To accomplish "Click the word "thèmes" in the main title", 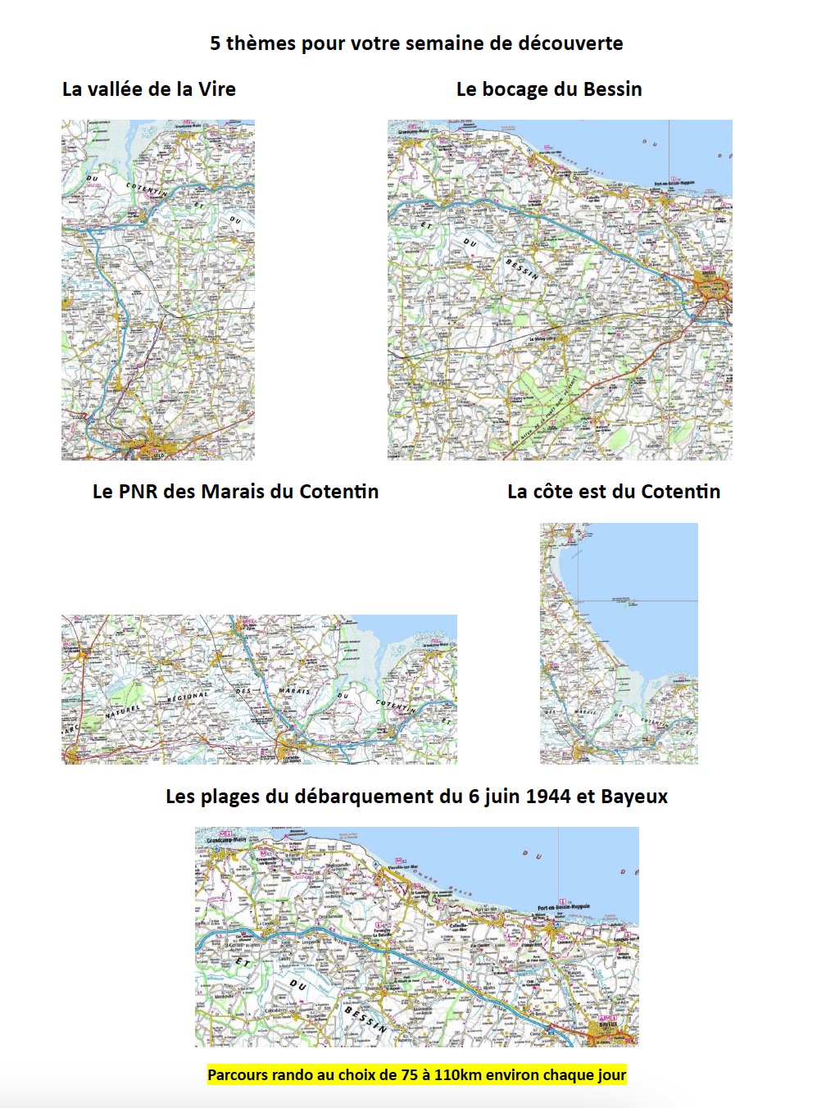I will [x=261, y=43].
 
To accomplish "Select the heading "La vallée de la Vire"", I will [x=149, y=89].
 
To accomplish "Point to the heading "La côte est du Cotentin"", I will [x=614, y=492].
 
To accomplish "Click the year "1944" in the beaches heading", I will [x=547, y=797].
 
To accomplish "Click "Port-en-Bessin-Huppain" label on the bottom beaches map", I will [x=563, y=908].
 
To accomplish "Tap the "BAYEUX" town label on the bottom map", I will [x=607, y=1024].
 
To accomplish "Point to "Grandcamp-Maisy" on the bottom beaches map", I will [x=226, y=840].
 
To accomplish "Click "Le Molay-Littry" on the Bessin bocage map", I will [x=542, y=338].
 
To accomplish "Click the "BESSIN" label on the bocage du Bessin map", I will [x=522, y=269].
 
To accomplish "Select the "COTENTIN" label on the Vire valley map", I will [x=147, y=189].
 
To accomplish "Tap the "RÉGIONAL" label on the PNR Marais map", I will [x=188, y=697].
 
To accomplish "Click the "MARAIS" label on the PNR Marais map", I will [x=294, y=692].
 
